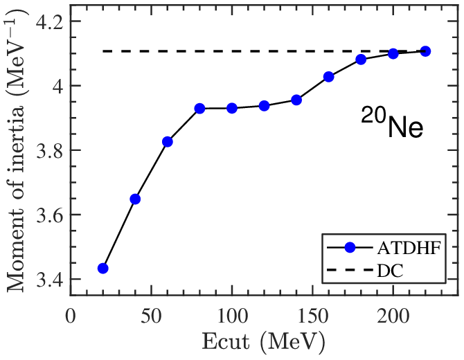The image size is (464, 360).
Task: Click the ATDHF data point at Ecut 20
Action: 102,268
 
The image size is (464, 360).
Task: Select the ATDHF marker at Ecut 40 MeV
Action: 135,199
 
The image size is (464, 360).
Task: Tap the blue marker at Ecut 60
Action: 167,141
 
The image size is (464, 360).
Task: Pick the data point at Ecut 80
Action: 199,108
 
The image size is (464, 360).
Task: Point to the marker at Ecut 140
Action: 296,100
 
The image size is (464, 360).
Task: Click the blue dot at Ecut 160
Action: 328,76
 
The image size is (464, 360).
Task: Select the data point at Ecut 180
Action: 361,59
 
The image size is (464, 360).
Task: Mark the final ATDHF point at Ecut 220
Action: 425,51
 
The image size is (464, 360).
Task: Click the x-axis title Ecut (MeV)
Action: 264,341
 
